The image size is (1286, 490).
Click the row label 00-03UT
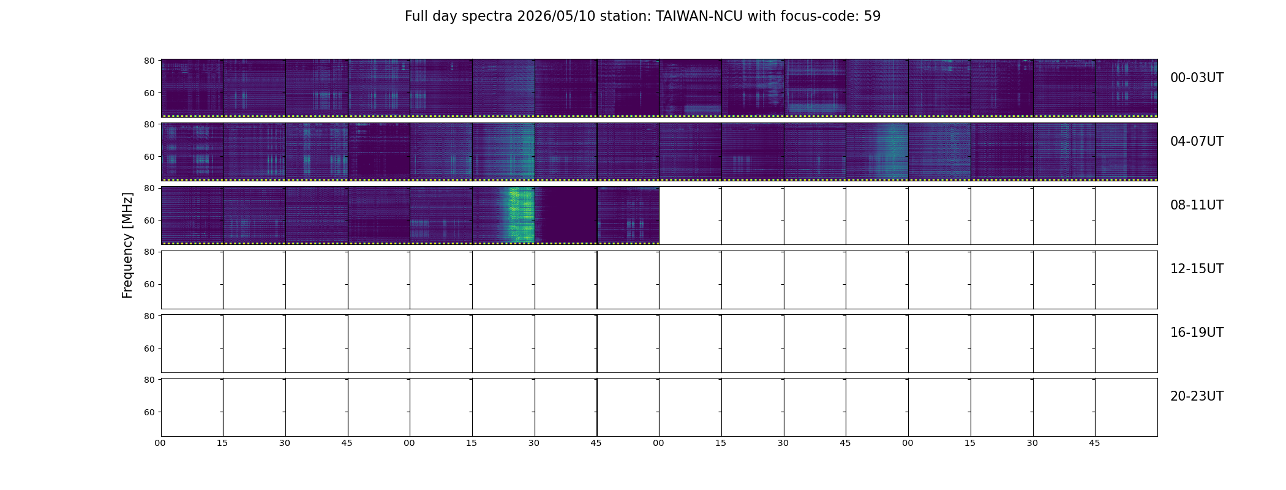[x=1197, y=78]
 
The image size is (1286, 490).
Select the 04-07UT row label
[x=1197, y=141]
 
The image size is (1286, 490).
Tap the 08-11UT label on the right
[x=1197, y=205]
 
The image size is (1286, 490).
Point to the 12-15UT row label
[x=1197, y=269]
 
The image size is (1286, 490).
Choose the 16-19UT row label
[x=1197, y=333]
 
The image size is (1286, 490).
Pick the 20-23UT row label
[x=1197, y=396]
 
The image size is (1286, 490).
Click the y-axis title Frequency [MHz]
[x=127, y=245]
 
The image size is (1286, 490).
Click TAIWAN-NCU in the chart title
[x=699, y=17]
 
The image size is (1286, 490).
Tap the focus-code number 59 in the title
[x=873, y=17]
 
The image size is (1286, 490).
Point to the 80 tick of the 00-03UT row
[x=149, y=61]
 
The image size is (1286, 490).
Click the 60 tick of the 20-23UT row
[x=149, y=412]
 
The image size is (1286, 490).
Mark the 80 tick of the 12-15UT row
[x=149, y=252]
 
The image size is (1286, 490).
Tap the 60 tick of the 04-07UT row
[x=149, y=157]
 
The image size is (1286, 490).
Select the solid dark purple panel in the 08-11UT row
[x=566, y=214]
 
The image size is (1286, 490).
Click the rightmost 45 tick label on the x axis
[x=1094, y=443]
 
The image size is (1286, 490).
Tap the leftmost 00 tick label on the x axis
[x=160, y=443]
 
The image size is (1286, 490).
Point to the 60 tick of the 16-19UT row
[x=149, y=349]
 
